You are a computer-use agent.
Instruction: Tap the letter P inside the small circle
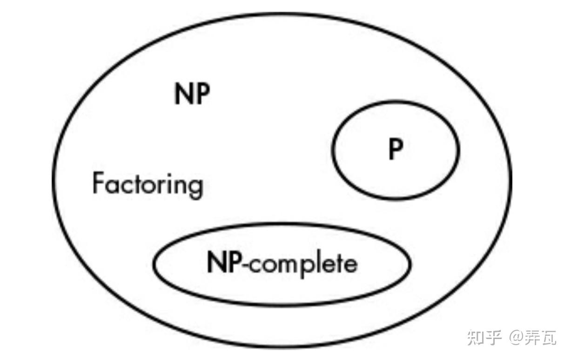pos(396,150)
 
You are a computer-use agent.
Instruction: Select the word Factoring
pos(148,184)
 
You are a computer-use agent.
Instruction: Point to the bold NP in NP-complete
pos(223,263)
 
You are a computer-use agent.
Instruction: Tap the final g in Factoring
pos(196,187)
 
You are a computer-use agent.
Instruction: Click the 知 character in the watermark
pos(476,337)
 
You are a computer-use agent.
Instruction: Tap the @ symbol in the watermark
pos(516,337)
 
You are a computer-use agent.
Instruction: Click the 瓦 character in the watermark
pos(550,337)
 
